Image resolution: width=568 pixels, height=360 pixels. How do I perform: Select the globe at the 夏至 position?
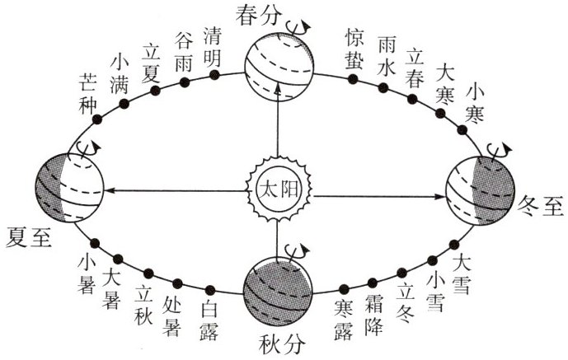(68, 188)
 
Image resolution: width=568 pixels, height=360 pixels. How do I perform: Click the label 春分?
(258, 14)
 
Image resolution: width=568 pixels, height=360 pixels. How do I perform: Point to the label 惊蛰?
(355, 47)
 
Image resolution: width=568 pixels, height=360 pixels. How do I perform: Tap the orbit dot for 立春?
(410, 97)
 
